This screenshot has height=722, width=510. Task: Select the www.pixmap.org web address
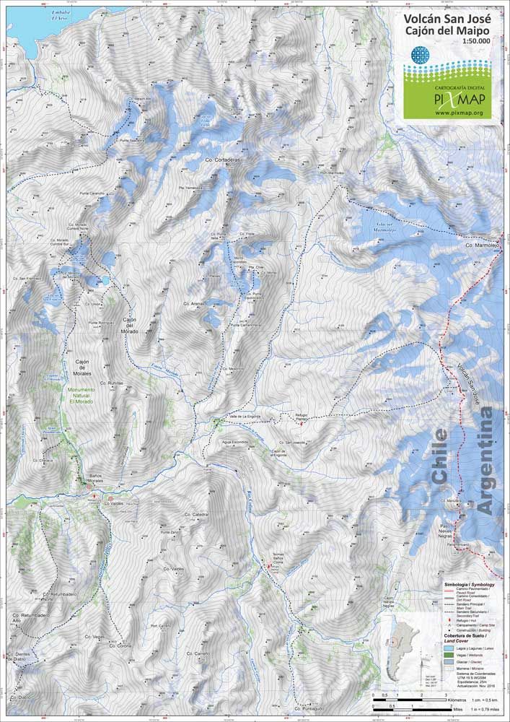(458, 113)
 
